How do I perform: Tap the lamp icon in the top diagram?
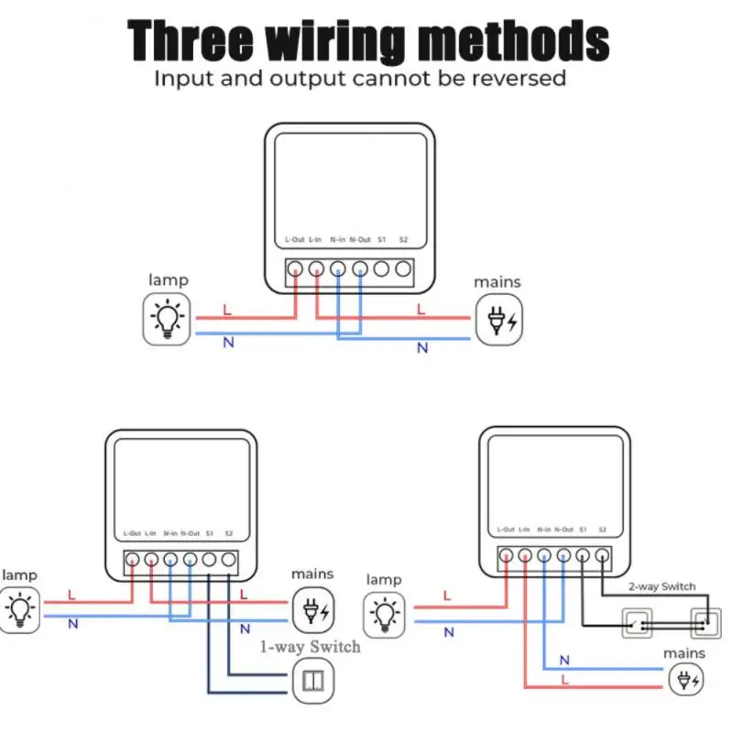pos(168,319)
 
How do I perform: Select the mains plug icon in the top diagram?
pos(498,320)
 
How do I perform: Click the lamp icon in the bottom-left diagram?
pos(19,609)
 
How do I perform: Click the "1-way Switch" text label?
pos(310,647)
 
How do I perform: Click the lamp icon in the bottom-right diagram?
pos(386,615)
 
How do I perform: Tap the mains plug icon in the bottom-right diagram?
pos(685,681)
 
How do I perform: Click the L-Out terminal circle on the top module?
pos(296,269)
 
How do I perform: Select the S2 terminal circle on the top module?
pos(403,269)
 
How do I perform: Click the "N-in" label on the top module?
pos(337,240)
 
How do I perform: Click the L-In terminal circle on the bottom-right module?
pos(525,554)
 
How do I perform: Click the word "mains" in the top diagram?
pos(498,282)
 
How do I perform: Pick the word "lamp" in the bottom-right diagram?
pos(384,579)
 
